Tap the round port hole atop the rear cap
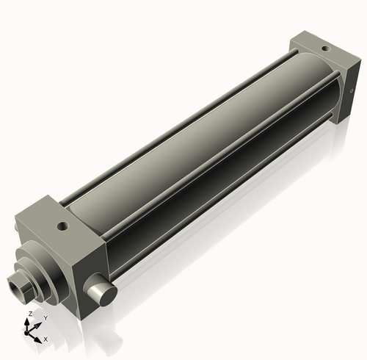(324, 48)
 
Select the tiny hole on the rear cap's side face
(352, 71)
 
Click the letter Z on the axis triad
(29, 314)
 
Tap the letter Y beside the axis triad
(45, 318)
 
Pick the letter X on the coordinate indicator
(46, 339)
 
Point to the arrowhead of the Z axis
(29, 320)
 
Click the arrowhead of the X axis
(39, 338)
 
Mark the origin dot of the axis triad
(30, 333)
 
